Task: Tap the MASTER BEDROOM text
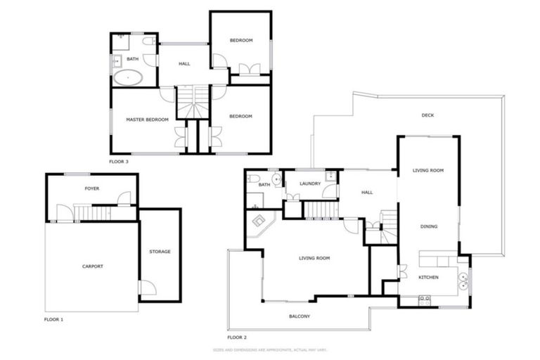(x=147, y=120)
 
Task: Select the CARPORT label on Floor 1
(x=92, y=266)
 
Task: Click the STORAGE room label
(x=160, y=251)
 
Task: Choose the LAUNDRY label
(x=309, y=184)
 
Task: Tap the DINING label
(x=428, y=226)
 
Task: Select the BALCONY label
(x=300, y=316)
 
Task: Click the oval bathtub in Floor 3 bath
(x=128, y=77)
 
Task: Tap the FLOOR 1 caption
(x=53, y=319)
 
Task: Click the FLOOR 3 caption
(x=119, y=161)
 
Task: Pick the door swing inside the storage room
(x=146, y=287)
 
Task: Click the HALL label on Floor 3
(x=184, y=64)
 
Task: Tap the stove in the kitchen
(x=424, y=300)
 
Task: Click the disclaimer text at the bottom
(x=270, y=349)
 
